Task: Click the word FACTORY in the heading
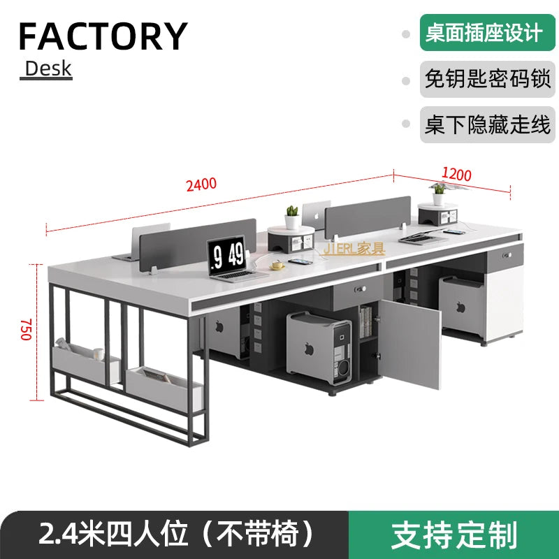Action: [x=103, y=36]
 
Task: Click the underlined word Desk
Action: [x=48, y=68]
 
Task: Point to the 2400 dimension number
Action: [x=201, y=185]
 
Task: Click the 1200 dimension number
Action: [x=457, y=175]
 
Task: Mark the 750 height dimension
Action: [x=27, y=329]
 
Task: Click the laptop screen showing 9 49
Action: [x=227, y=252]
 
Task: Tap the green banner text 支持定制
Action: [x=454, y=534]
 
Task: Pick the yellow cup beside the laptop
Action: [x=277, y=264]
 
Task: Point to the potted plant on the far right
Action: [x=439, y=190]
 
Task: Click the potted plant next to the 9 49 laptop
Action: [x=292, y=210]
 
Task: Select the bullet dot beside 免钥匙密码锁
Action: [x=405, y=80]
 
